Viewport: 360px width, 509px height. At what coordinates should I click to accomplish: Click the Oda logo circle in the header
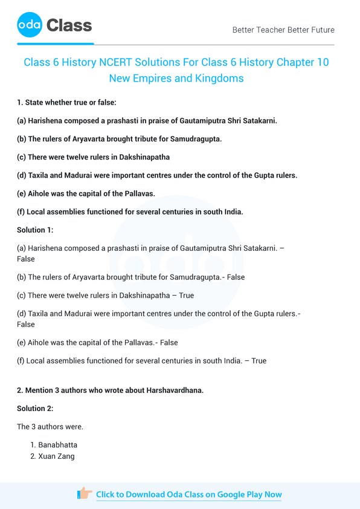30,25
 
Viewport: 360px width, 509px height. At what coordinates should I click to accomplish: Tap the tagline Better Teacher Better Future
283,30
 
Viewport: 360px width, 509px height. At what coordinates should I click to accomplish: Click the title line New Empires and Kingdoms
176,78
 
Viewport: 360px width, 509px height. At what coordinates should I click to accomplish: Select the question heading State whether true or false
67,103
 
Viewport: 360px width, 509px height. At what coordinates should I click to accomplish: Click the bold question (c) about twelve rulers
93,157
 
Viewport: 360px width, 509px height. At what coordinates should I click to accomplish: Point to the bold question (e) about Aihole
86,193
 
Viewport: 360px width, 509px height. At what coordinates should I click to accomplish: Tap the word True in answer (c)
186,296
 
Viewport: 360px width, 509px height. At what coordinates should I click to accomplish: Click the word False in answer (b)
236,277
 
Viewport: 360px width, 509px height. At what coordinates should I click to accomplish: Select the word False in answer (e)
169,342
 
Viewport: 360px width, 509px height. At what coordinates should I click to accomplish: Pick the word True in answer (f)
259,361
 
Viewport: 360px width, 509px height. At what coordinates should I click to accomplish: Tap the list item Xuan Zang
56,456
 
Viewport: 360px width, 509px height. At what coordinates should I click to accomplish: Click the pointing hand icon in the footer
85,494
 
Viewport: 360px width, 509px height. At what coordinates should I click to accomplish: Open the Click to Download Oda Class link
188,494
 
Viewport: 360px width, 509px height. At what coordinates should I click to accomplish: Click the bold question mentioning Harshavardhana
110,390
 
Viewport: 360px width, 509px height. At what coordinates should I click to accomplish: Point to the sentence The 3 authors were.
50,427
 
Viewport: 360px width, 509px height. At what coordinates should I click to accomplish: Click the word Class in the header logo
69,25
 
